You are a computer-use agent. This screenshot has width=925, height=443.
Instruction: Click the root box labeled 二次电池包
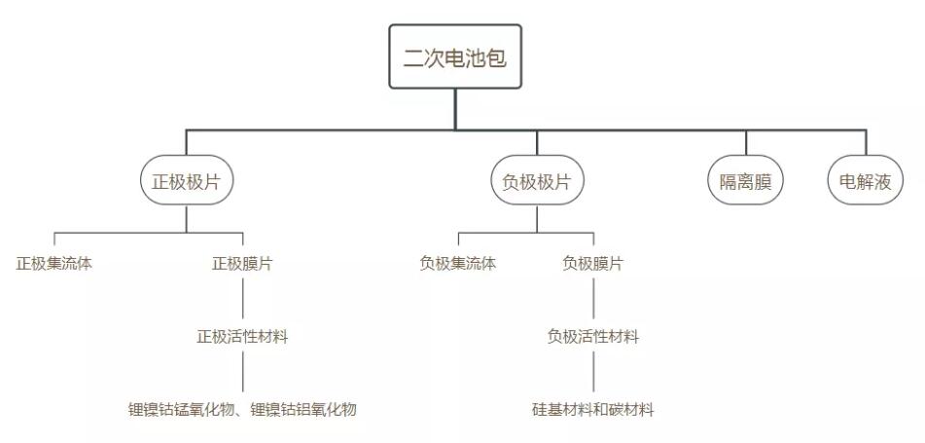point(455,56)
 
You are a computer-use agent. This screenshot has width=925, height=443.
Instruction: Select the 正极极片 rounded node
point(187,180)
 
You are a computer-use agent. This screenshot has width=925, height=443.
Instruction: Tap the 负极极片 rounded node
point(538,180)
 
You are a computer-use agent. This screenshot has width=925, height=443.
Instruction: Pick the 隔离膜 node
point(746,180)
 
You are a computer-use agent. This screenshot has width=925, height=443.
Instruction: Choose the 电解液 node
point(866,180)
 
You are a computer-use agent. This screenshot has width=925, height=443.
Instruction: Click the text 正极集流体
point(54,263)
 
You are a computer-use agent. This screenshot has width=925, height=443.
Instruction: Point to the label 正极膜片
point(242,263)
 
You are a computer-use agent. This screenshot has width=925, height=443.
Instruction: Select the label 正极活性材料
point(242,337)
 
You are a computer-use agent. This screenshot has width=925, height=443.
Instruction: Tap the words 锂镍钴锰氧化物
point(182,409)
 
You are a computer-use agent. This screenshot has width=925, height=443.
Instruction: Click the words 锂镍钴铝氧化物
point(303,409)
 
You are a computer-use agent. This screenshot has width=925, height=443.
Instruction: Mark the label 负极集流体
point(458,263)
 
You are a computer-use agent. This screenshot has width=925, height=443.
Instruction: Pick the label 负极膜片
point(593,263)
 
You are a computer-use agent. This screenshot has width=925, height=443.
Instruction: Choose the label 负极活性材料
point(593,337)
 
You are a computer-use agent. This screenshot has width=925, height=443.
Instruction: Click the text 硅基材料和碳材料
point(593,409)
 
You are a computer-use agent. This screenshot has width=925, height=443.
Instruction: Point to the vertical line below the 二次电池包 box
point(455,109)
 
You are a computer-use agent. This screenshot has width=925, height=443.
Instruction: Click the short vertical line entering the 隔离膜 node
point(746,142)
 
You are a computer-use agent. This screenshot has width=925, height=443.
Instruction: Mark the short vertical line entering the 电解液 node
point(866,142)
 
